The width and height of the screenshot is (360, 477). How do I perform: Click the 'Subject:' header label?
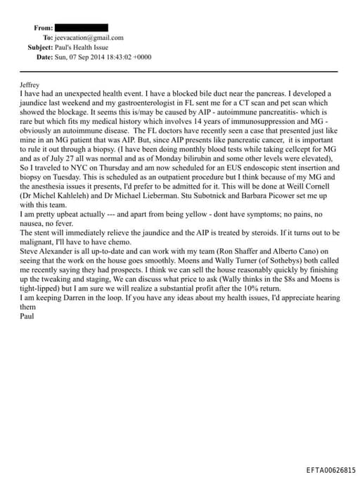(x=39, y=47)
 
